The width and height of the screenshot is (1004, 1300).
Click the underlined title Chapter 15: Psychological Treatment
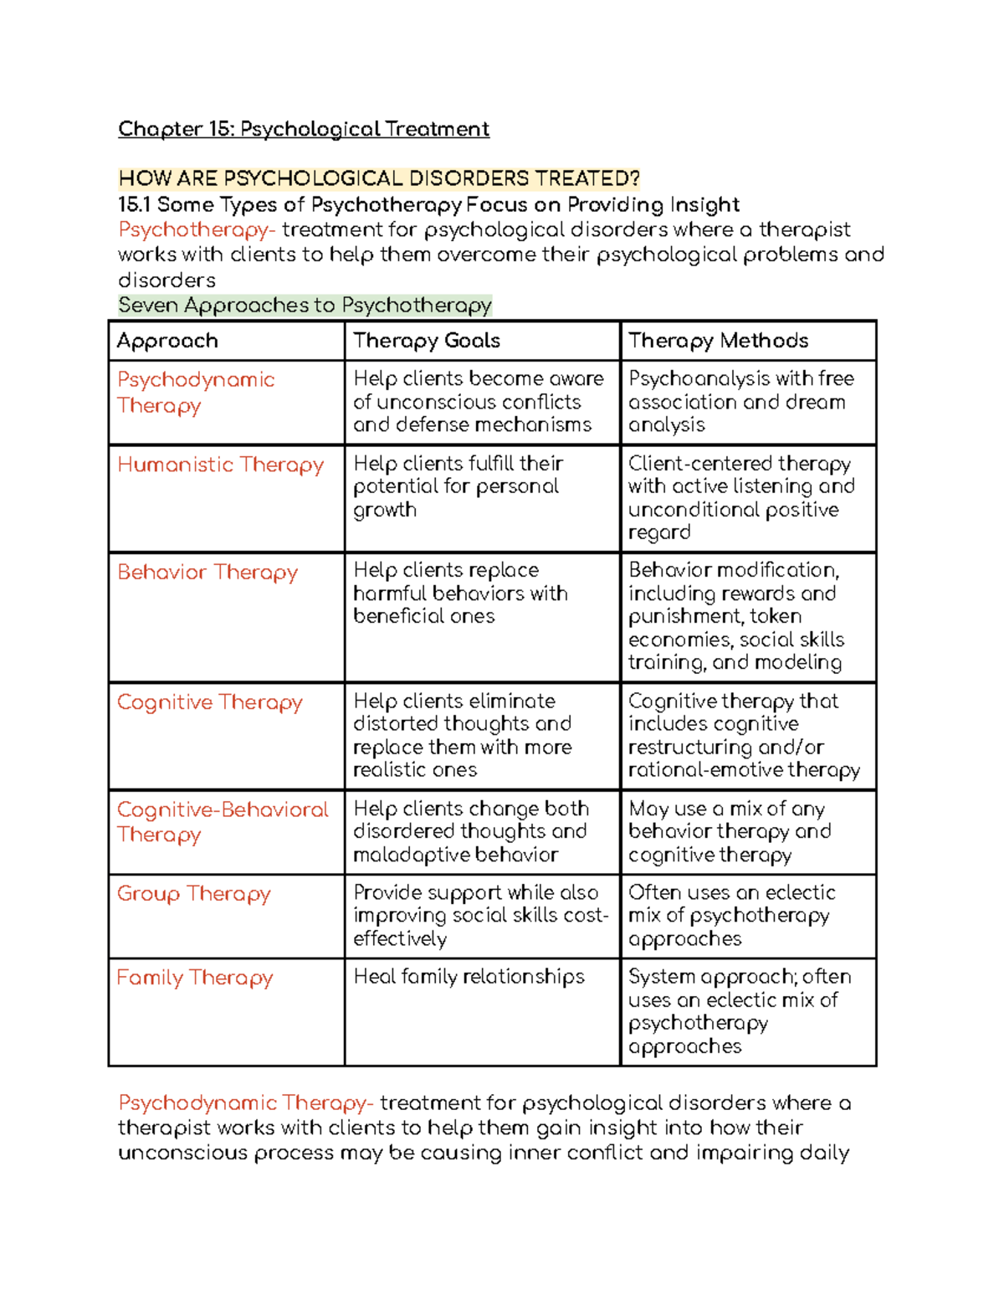tap(303, 129)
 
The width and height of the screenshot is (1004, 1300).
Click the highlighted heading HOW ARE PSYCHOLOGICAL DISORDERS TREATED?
tap(378, 178)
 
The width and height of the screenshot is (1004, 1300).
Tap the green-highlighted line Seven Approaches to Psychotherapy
tap(305, 306)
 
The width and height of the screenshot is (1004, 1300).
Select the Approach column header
tap(167, 341)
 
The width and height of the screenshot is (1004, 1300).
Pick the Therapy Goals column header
tap(426, 341)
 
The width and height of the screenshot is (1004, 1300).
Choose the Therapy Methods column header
tap(718, 341)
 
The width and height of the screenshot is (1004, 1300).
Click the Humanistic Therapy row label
tap(220, 465)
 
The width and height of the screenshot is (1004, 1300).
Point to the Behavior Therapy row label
tap(207, 573)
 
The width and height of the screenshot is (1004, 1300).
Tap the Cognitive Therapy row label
tap(209, 702)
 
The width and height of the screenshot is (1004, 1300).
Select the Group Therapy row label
tap(193, 894)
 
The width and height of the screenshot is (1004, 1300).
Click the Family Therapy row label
tap(195, 978)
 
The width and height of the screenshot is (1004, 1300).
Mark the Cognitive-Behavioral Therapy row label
tap(222, 822)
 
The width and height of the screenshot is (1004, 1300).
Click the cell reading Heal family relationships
tap(469, 977)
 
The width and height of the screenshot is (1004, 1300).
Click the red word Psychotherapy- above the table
tap(197, 230)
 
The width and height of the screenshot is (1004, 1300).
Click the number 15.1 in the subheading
tap(134, 205)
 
